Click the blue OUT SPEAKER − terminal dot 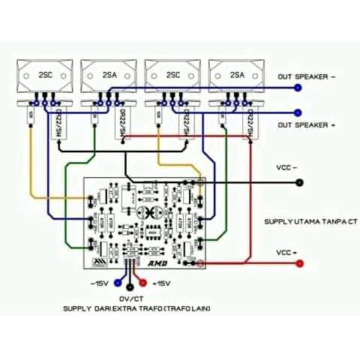[x=299, y=88]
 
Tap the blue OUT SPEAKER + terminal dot [x=299, y=113]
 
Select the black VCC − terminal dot [x=299, y=182]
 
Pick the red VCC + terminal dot [x=299, y=263]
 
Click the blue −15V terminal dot [x=118, y=282]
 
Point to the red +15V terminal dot [x=142, y=282]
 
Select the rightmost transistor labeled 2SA [x=237, y=76]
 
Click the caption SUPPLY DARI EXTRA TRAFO [x=137, y=309]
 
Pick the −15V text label [x=100, y=283]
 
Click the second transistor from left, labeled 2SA [x=109, y=76]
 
